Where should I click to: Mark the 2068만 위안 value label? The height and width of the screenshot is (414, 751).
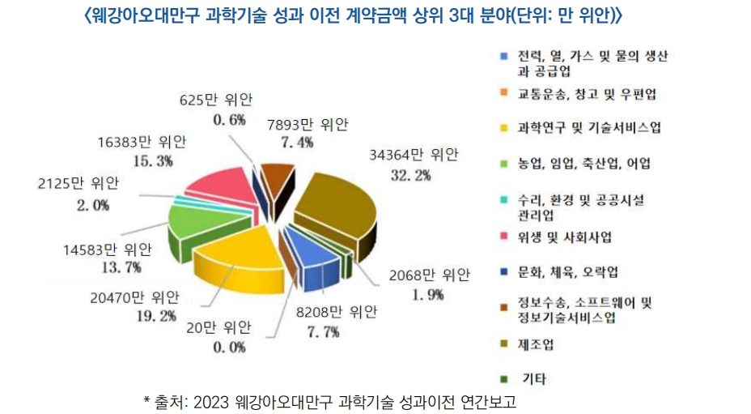coord(428,275)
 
